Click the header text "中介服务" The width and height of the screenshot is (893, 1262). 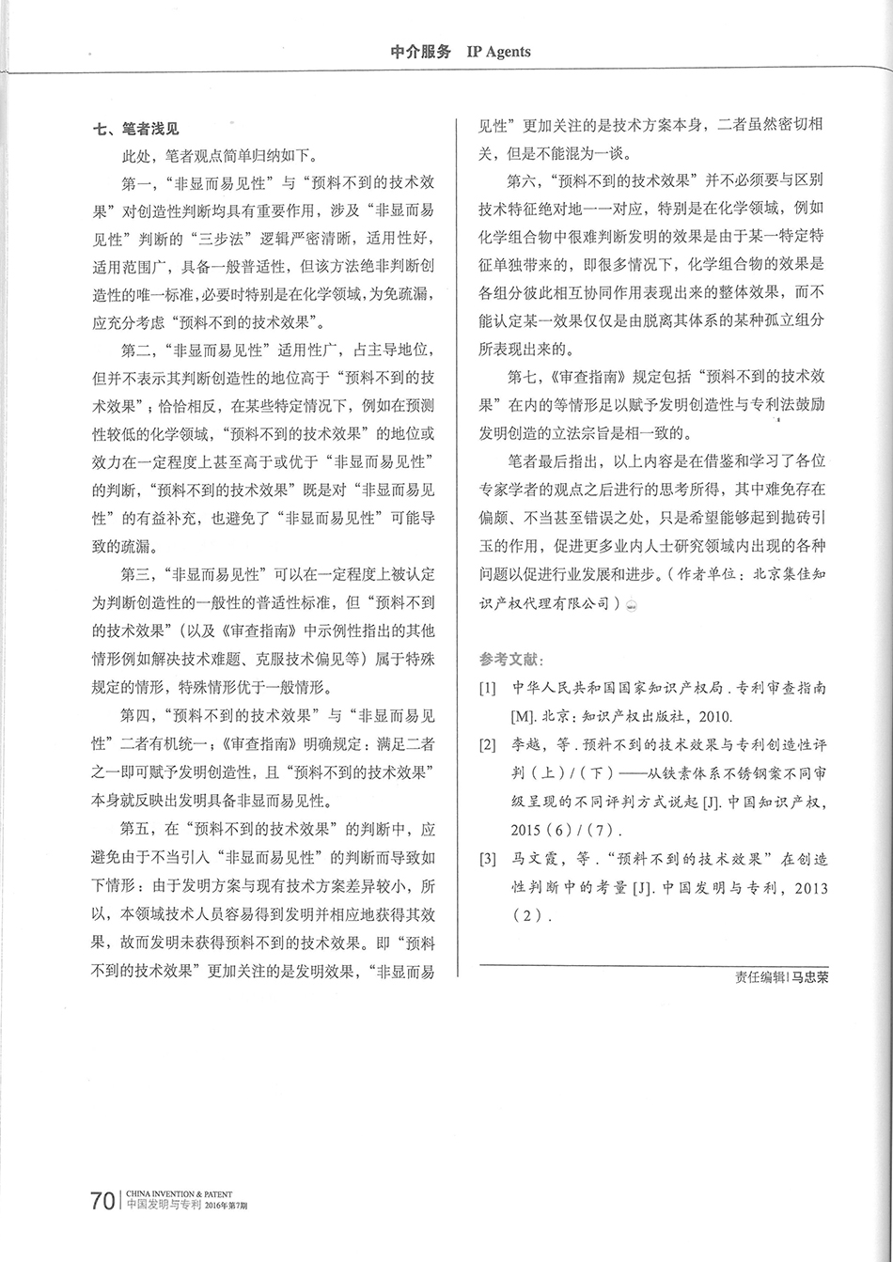click(420, 52)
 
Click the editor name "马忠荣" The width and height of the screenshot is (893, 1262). click(811, 976)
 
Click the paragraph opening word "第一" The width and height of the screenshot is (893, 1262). click(135, 179)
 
